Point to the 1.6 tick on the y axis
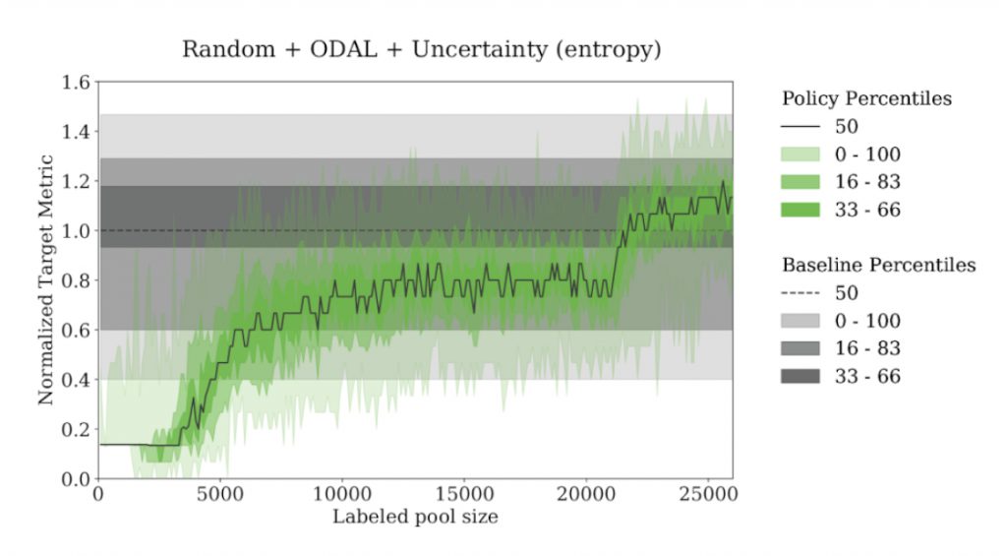74,82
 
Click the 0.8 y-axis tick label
74,280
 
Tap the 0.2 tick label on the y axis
74,429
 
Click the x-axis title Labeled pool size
415,517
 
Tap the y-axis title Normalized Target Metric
45,280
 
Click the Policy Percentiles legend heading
866,98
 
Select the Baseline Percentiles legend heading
878,265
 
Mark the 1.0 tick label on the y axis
74,230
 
